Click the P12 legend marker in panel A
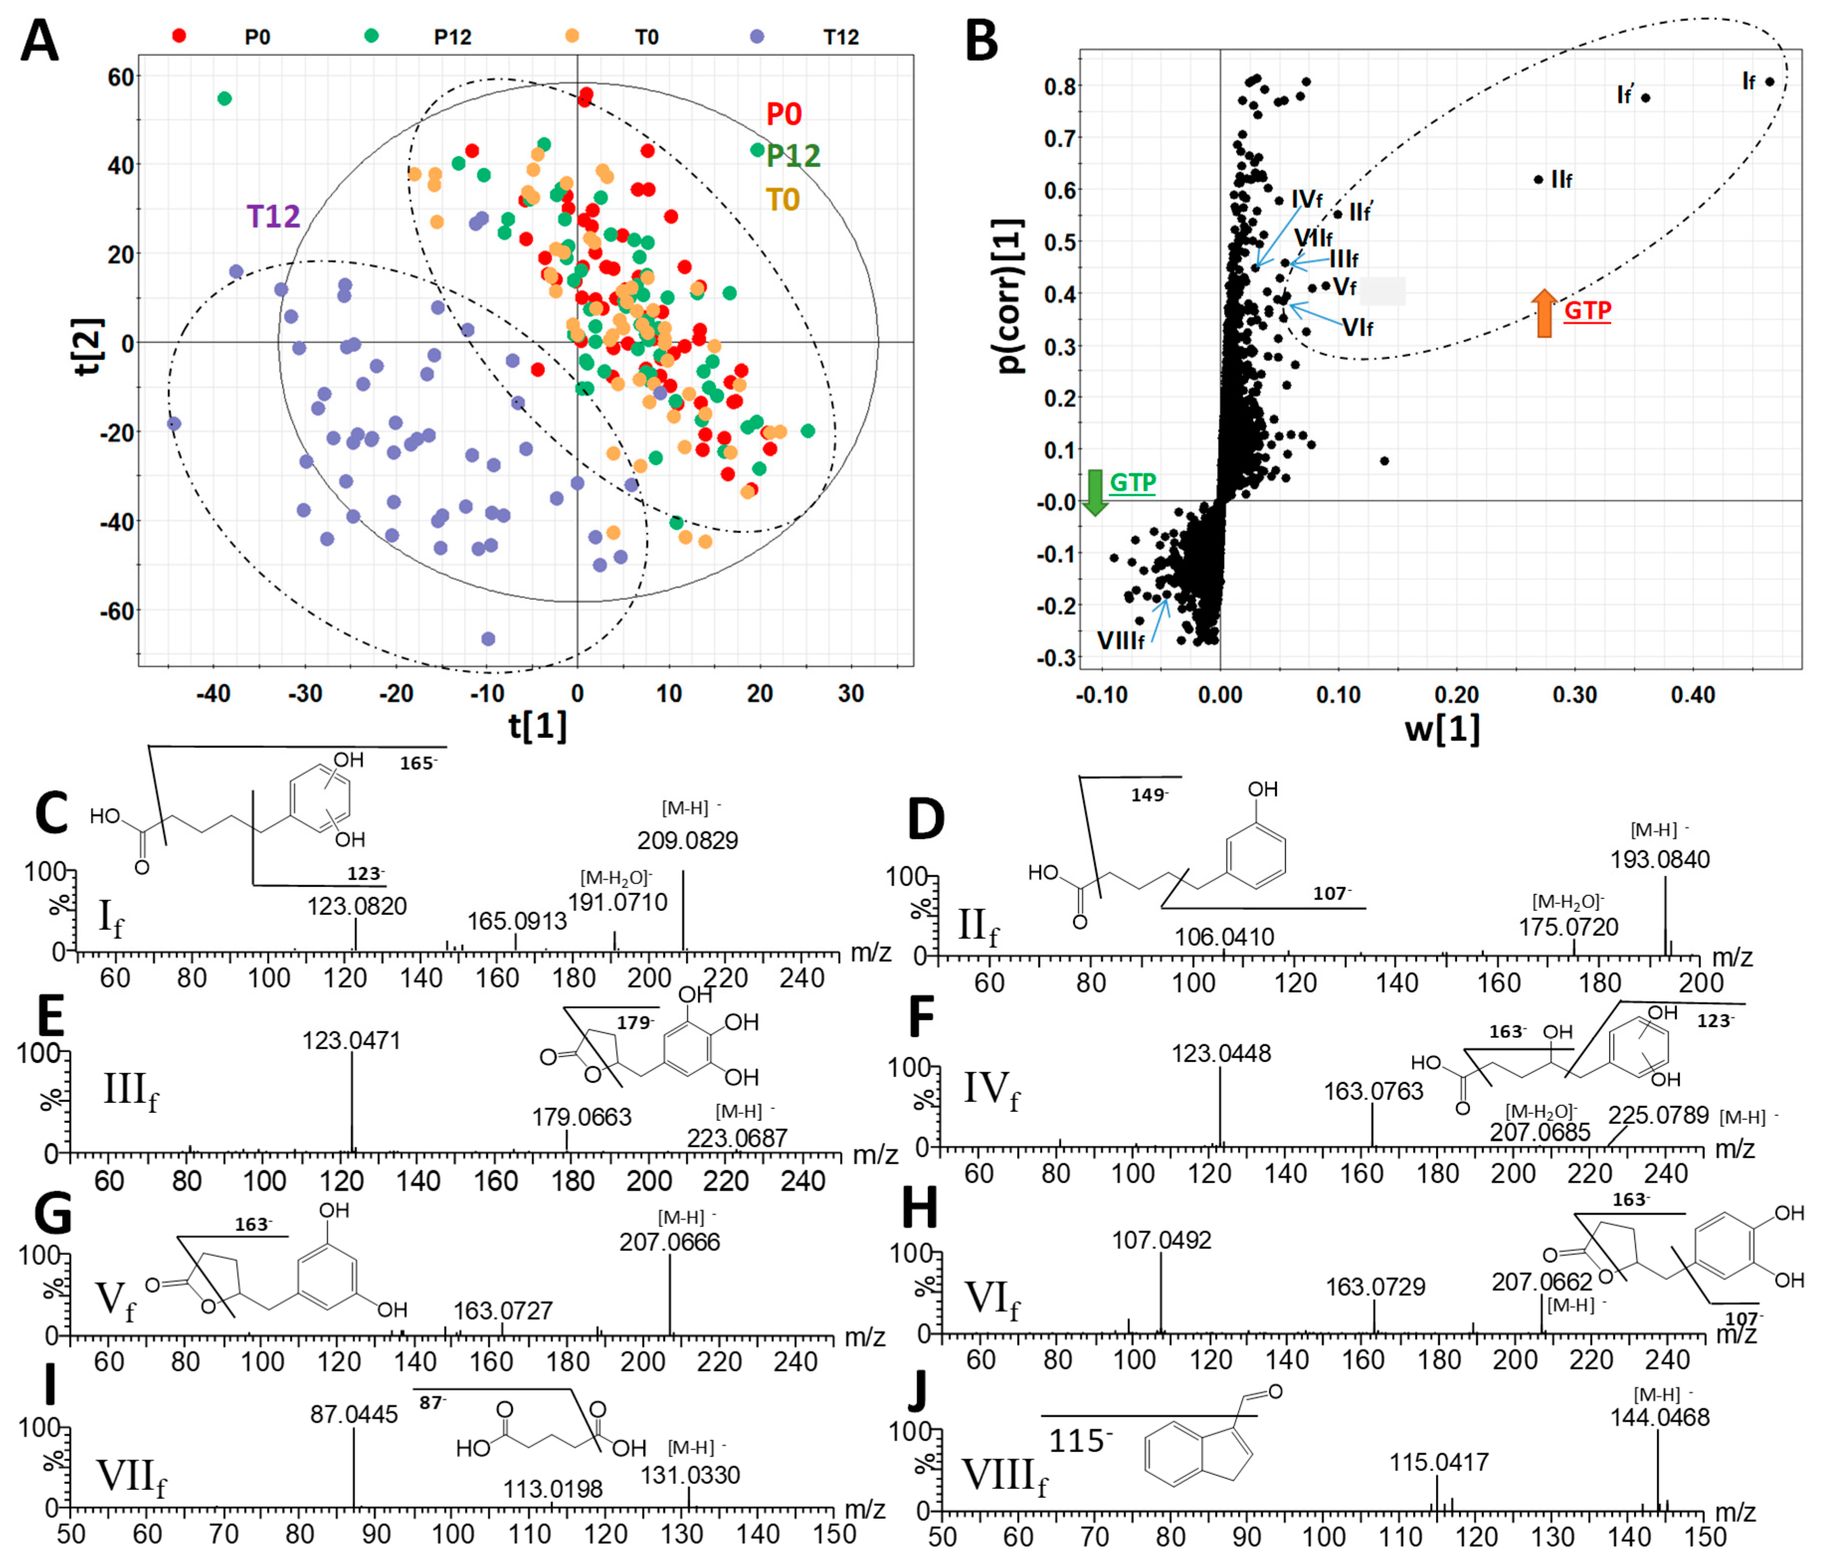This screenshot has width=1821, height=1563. pyautogui.click(x=372, y=36)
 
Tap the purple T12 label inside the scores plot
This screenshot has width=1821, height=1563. pyautogui.click(x=273, y=216)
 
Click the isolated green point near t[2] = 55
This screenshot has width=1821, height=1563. pyautogui.click(x=225, y=98)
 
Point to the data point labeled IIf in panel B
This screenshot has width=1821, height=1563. pyautogui.click(x=1538, y=179)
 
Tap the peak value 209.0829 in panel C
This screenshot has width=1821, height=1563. pyautogui.click(x=687, y=840)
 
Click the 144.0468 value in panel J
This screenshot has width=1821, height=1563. pyautogui.click(x=1659, y=1417)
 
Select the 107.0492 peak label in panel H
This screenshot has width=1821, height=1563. pyautogui.click(x=1161, y=1240)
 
